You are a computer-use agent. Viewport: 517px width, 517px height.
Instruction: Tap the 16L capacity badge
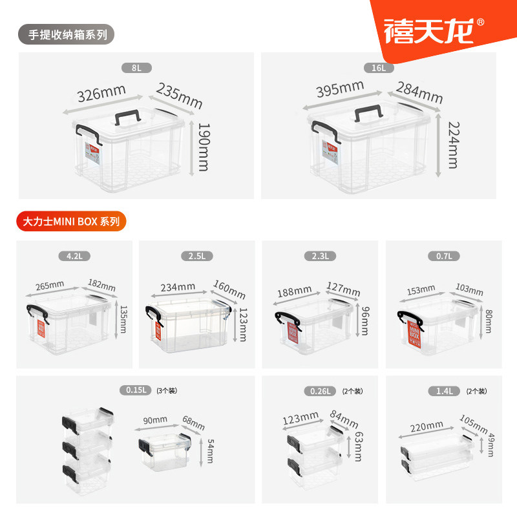pos(378,67)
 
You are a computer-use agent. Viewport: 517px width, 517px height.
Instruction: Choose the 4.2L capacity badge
pos(74,256)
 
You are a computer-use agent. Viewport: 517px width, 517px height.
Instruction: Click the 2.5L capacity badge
pos(197,256)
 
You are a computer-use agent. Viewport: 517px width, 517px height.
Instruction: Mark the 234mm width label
pos(178,286)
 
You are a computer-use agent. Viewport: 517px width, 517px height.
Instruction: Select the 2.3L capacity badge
pos(320,256)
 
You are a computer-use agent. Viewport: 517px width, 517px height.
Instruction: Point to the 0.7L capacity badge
pos(444,256)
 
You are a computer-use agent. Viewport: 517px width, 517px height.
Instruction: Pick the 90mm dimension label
pos(155,419)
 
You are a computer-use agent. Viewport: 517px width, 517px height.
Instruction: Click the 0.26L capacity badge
pos(320,390)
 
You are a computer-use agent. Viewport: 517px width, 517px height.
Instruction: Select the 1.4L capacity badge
pos(444,390)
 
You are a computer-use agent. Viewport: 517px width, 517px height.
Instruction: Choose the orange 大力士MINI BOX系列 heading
pos(71,221)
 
